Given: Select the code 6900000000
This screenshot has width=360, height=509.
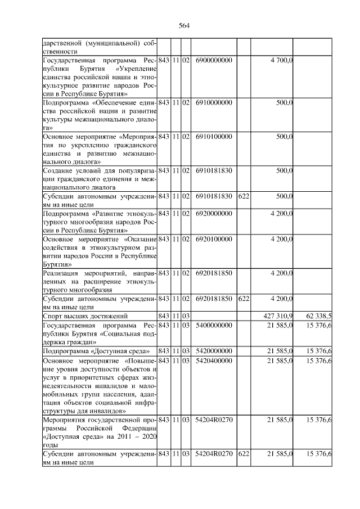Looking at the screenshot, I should point(214,60).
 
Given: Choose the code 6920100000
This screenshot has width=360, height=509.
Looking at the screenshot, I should point(214,239).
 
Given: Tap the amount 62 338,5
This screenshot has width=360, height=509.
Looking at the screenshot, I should point(318,317).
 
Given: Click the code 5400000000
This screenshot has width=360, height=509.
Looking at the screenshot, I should point(214,326).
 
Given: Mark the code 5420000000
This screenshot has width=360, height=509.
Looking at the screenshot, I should point(214,352).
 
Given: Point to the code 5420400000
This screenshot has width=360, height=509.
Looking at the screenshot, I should point(214,361).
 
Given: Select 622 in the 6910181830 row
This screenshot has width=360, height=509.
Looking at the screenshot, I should point(243,196).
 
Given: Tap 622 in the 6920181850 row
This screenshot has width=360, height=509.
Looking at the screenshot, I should point(243,299).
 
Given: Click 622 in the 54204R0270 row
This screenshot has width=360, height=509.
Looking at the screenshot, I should point(243,454).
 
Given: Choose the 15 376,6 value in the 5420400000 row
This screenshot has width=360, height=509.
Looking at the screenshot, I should point(318,361).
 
